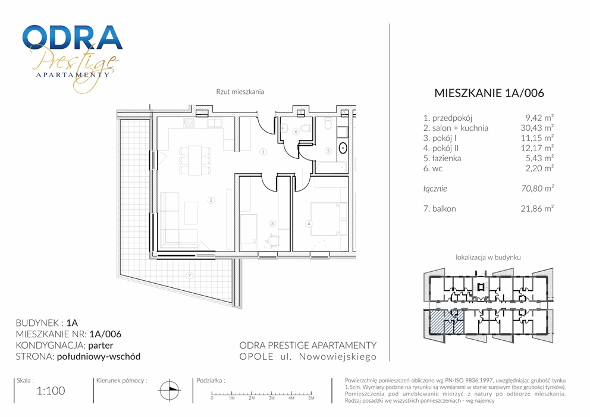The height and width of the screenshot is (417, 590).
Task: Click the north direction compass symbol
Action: coord(170,390)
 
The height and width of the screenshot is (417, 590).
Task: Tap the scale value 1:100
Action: coord(51,391)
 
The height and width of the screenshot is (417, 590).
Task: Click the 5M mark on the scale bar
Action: coord(311,397)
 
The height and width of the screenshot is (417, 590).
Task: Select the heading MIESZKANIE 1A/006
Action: coord(489,93)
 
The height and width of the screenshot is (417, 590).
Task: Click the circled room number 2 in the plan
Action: coord(211,200)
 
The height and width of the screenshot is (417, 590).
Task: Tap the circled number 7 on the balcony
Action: coord(190,275)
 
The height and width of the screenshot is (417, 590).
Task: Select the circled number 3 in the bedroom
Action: coord(272,224)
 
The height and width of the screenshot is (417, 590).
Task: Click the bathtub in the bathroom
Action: coord(331,168)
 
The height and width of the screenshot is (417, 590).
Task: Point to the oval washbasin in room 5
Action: coord(343,148)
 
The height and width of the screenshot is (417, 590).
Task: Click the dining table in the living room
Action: coord(195,161)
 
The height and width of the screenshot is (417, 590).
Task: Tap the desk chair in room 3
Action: coord(274,240)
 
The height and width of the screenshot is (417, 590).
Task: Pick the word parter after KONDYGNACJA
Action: coord(101,346)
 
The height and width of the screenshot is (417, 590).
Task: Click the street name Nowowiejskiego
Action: coord(337,357)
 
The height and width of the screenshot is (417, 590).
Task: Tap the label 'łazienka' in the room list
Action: coord(446,158)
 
